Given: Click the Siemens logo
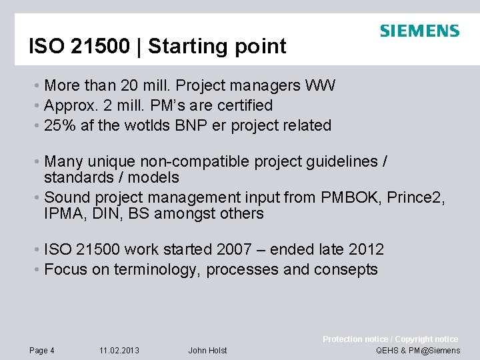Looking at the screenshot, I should [x=419, y=31].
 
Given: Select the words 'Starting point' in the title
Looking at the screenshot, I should [x=217, y=47].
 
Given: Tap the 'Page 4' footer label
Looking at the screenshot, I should [x=42, y=351].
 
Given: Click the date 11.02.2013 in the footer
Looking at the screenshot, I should [x=119, y=351].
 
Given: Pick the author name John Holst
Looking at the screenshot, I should [x=207, y=351].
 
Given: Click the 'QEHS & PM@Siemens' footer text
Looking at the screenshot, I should [x=418, y=351].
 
